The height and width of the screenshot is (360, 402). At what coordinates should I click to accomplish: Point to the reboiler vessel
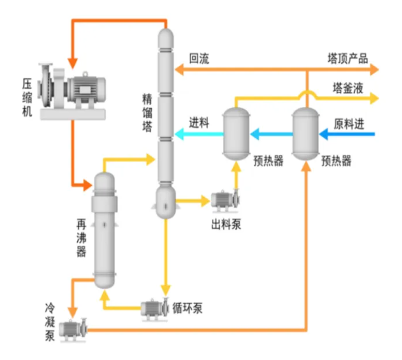click(104, 229)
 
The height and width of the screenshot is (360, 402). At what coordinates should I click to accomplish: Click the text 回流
click(199, 59)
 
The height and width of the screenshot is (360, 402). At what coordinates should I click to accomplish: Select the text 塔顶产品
click(347, 59)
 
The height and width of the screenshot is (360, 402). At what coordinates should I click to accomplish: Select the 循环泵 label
click(187, 308)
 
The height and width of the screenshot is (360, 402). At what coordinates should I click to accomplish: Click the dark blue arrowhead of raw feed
click(323, 134)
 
